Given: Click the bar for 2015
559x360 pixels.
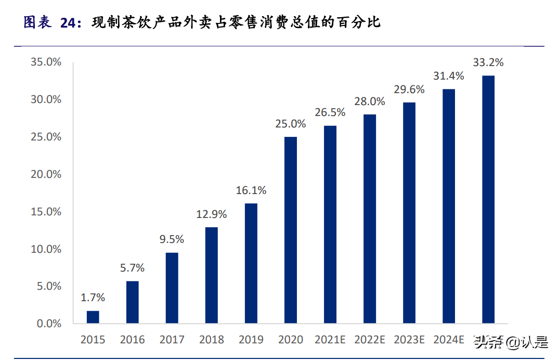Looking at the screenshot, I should click(x=93, y=317).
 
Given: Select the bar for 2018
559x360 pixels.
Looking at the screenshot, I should click(x=211, y=275).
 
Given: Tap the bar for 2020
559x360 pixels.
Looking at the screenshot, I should click(x=291, y=230).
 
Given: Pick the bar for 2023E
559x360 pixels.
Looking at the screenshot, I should click(x=409, y=213).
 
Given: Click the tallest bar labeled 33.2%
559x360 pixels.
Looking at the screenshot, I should click(x=488, y=200).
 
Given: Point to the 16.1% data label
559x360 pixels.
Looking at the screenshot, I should click(x=251, y=191).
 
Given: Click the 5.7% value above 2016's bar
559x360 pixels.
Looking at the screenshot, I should click(x=132, y=268).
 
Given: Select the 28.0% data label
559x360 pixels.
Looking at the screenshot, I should click(x=369, y=102).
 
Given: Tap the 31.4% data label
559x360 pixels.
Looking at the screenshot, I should click(x=449, y=76).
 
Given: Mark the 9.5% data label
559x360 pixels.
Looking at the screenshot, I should click(x=172, y=240).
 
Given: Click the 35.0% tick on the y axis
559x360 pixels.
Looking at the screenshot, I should click(x=46, y=62).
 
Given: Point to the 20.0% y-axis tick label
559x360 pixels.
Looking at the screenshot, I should click(x=46, y=174).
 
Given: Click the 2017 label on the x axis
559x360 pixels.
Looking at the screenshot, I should click(x=172, y=340).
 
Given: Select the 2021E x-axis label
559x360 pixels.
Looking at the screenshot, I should click(x=330, y=340).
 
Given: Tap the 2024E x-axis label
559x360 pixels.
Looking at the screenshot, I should click(x=449, y=340).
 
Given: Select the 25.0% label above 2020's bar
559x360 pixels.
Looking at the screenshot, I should click(x=291, y=124).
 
